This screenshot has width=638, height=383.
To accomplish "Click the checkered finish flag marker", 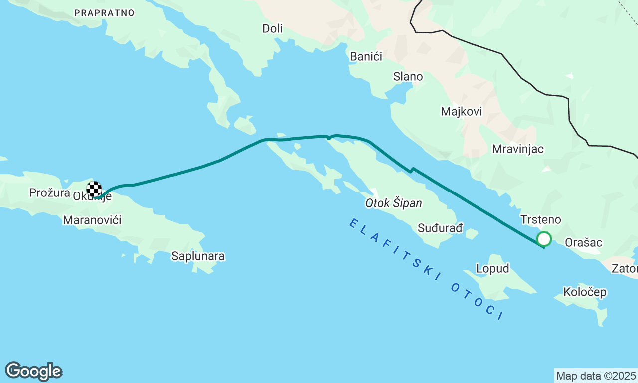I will [94, 190].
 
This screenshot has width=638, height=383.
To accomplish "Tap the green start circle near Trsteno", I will [544, 239].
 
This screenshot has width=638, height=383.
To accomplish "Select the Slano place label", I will [408, 77].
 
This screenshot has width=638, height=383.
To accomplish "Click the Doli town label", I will [272, 29].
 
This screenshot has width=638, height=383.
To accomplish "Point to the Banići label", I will [366, 57].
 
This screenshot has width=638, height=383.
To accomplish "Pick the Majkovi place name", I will [461, 112].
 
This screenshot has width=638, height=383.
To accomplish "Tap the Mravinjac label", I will [517, 149].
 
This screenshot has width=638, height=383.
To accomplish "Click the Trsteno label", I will [540, 220].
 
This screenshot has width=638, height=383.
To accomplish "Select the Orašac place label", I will [583, 243].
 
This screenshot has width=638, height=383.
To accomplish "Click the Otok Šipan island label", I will [393, 203].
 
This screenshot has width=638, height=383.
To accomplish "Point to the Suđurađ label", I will [440, 228].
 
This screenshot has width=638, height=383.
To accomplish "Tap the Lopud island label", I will [492, 269].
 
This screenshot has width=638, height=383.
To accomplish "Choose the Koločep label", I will [585, 292].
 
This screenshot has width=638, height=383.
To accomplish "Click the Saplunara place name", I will [198, 256].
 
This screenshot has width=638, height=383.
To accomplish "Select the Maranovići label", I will [92, 220].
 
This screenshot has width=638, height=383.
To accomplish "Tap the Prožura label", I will [49, 192].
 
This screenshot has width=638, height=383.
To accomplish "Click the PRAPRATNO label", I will [104, 13].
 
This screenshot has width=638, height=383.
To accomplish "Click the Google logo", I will [33, 372].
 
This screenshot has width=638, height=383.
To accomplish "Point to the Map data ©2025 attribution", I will [596, 376].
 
